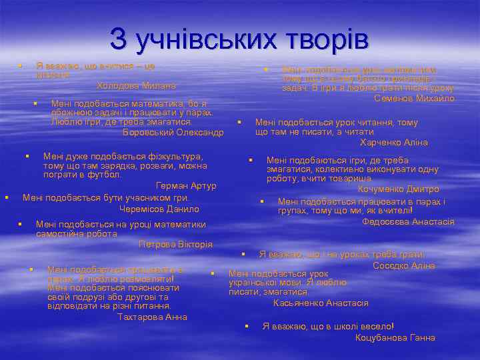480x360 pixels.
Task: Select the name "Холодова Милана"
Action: click(136, 86)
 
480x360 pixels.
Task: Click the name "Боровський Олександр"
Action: click(173, 132)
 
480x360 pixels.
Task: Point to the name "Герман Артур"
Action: click(186, 185)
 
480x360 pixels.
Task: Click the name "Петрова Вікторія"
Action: click(175, 245)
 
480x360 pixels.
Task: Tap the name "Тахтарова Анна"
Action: click(153, 317)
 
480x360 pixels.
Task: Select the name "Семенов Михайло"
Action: click(415, 98)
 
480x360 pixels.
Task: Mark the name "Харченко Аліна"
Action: click(393, 143)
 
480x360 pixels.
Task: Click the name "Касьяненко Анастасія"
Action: click(321, 303)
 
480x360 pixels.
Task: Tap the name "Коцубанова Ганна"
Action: click(395, 337)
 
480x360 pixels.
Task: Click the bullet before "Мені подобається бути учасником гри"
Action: click(7, 197)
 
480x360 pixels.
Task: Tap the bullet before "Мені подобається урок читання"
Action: click(239, 122)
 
